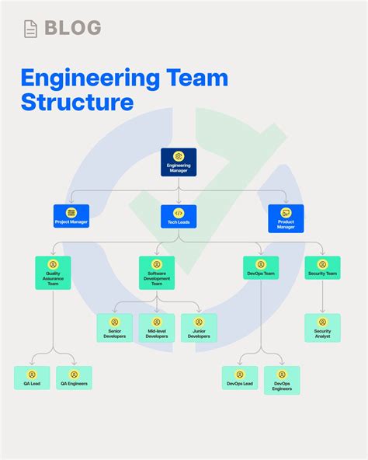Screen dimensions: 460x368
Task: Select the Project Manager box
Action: [71, 216]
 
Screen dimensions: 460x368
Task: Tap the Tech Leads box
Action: [179, 216]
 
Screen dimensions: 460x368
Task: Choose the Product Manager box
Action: [286, 218]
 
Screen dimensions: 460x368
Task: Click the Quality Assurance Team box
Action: [53, 273]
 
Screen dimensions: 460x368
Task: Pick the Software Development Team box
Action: [157, 273]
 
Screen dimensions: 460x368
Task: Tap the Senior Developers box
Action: [114, 327]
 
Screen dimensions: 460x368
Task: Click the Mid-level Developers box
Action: [157, 327]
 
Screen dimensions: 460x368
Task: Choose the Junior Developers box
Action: [199, 327]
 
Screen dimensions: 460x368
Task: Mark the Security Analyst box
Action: [322, 327]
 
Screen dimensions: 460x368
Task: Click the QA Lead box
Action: [32, 378]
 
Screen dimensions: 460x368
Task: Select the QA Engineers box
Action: [74, 378]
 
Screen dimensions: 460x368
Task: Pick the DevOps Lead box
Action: [240, 378]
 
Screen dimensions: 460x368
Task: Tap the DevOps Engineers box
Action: [282, 380]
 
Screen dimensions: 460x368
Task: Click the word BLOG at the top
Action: [73, 29]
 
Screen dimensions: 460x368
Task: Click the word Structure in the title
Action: [77, 102]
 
